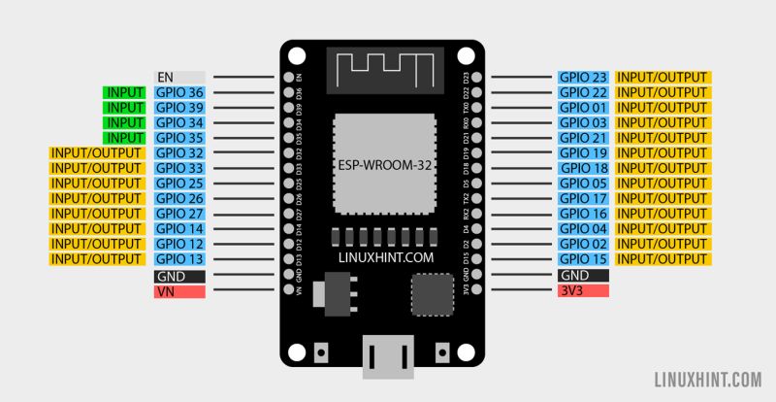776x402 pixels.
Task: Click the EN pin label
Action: click(x=179, y=77)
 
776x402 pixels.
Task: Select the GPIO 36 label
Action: click(x=179, y=92)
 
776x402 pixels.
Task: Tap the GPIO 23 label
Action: click(x=583, y=77)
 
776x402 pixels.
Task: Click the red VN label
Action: click(x=179, y=291)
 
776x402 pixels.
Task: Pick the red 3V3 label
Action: click(x=583, y=290)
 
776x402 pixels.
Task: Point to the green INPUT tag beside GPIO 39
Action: click(x=125, y=108)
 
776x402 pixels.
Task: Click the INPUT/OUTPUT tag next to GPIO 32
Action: click(x=98, y=153)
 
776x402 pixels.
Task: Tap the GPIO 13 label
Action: click(x=179, y=259)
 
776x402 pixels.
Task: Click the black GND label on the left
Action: click(x=179, y=276)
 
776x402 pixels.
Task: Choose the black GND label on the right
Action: click(x=583, y=275)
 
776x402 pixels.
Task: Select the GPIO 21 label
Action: click(x=583, y=138)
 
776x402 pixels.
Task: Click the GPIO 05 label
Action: click(x=583, y=184)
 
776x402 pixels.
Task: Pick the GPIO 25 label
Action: click(x=179, y=184)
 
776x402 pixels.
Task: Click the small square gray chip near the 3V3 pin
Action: click(x=432, y=293)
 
